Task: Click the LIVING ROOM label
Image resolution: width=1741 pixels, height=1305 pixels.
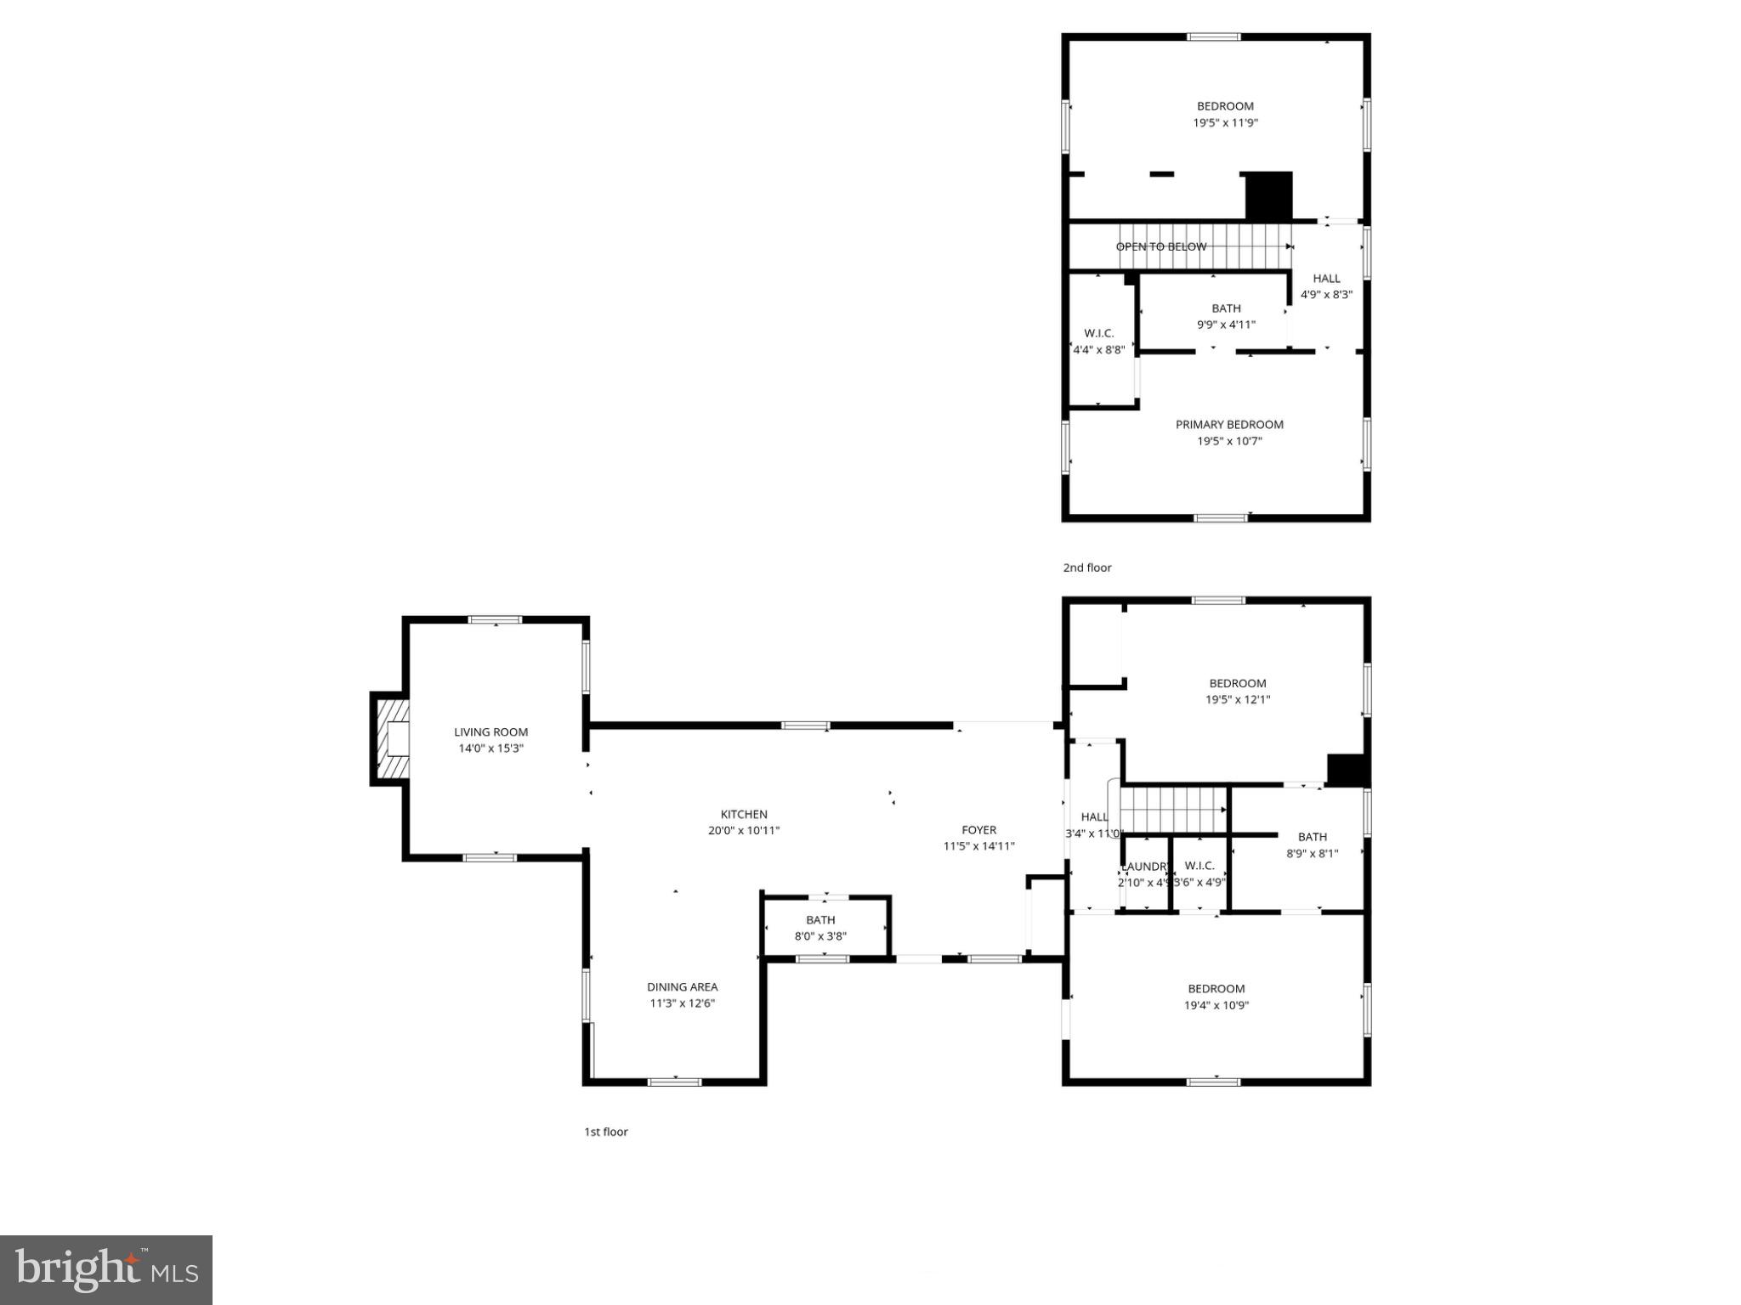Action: pos(491,732)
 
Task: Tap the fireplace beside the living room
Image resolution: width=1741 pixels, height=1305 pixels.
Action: pos(393,738)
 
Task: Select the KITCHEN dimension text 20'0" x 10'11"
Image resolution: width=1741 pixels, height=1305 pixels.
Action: pos(744,831)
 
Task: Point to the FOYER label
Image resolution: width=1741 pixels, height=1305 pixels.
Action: pos(978,830)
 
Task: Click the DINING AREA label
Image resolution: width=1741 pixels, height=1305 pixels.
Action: pos(682,986)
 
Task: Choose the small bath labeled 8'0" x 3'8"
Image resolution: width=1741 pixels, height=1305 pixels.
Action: pos(820,928)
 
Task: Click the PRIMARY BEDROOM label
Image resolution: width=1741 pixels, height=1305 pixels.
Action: pos(1229,424)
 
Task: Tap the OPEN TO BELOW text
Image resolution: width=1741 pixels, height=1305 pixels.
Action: pos(1160,246)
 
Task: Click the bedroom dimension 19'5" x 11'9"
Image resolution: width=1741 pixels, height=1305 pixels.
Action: pos(1225,122)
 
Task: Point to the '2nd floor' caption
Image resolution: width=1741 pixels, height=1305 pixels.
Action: pos(1087,568)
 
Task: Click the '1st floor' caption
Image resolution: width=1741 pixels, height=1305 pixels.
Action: pos(605,1132)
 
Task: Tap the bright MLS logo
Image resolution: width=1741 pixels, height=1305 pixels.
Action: pos(106,1269)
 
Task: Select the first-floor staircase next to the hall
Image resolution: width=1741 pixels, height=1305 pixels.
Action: pos(1173,810)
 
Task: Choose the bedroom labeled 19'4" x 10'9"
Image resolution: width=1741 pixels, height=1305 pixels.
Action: pos(1216,997)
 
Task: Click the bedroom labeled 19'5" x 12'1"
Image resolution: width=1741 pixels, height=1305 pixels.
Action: pos(1238,691)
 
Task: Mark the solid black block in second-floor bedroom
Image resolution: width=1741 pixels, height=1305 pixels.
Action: pos(1268,196)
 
